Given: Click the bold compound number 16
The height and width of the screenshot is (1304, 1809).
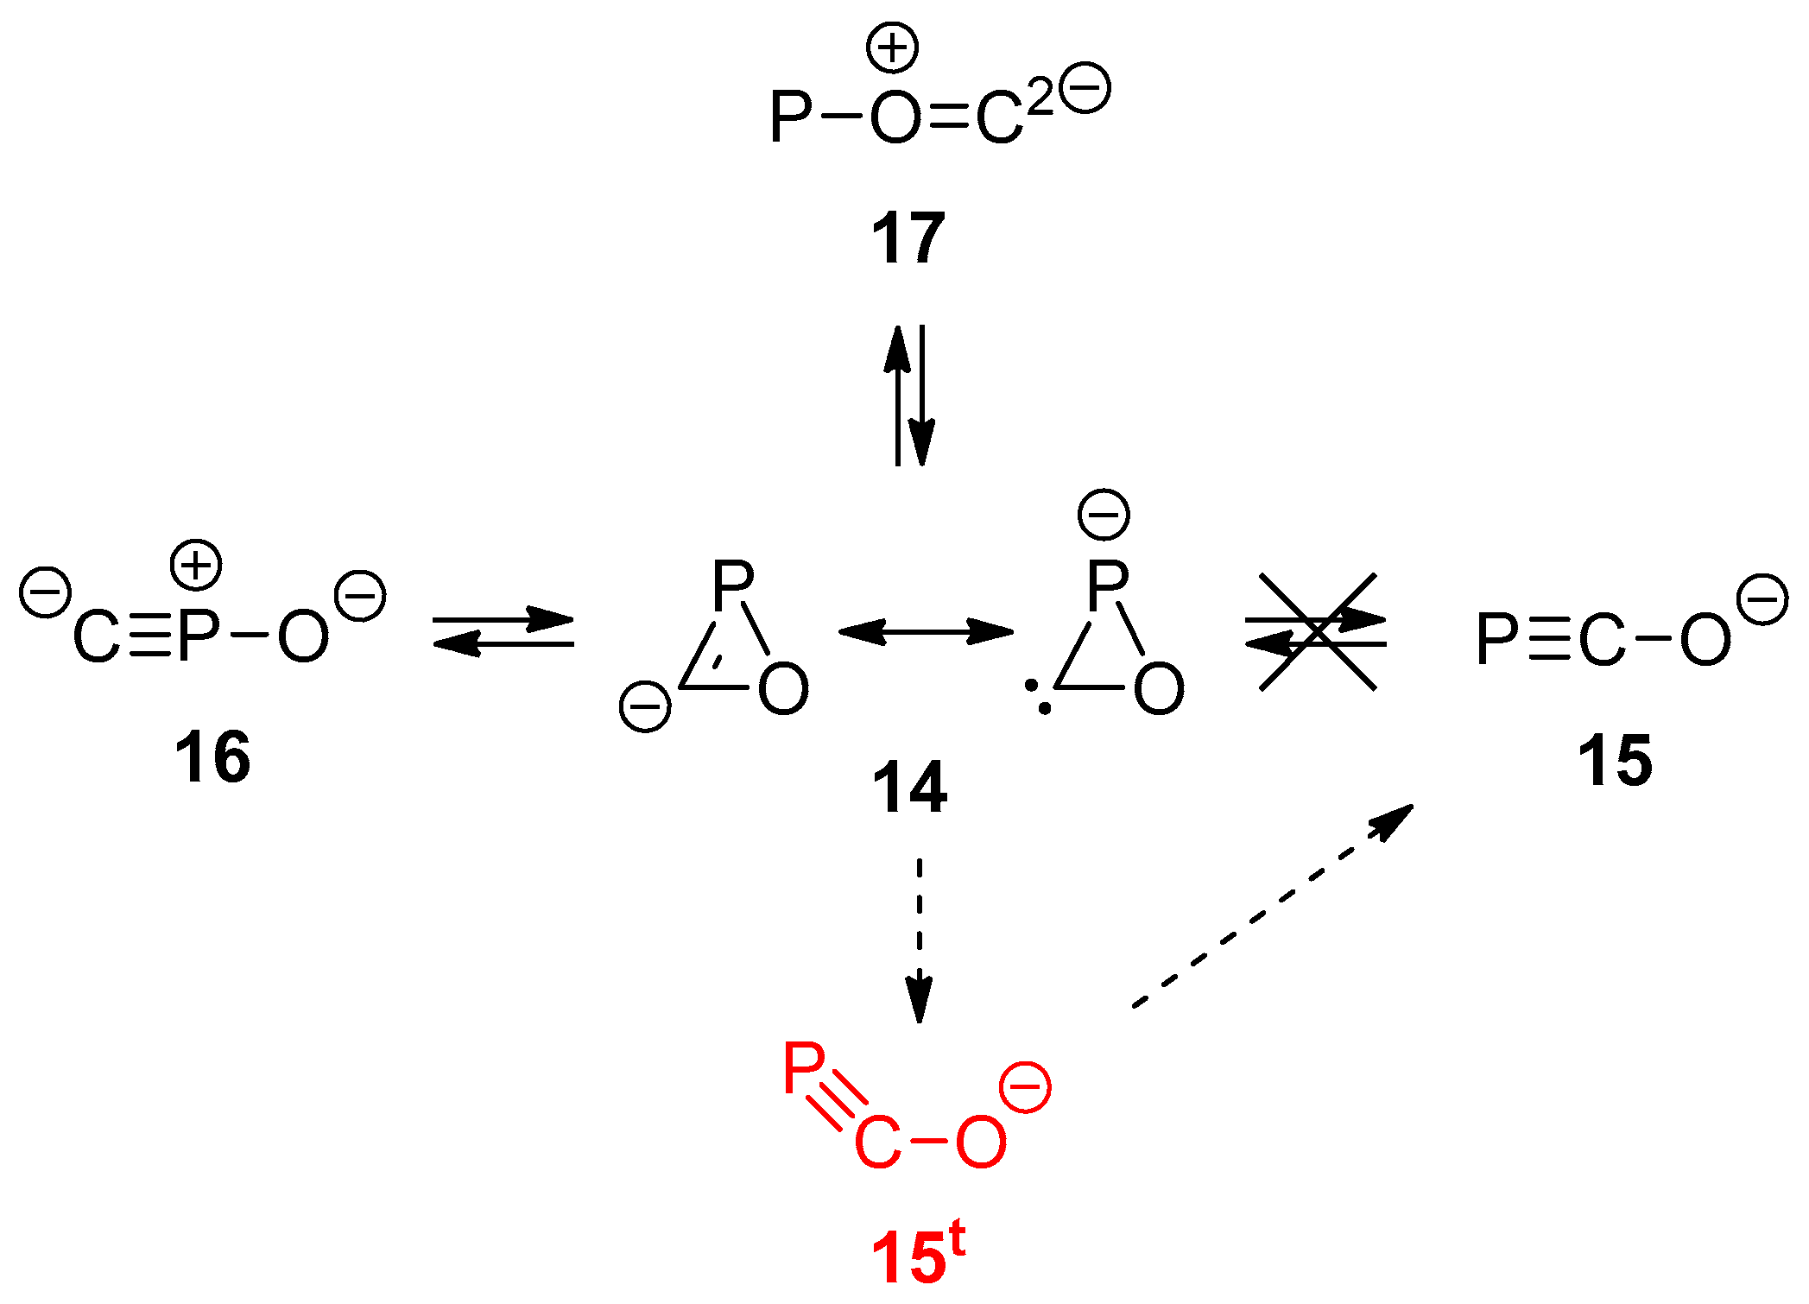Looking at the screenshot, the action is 212,756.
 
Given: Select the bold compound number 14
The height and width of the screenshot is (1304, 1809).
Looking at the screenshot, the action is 909,788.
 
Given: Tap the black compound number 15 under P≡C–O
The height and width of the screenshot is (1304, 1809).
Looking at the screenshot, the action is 1615,760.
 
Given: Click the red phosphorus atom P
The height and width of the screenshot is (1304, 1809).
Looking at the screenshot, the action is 804,1069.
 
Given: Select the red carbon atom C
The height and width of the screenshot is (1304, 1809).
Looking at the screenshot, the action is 877,1143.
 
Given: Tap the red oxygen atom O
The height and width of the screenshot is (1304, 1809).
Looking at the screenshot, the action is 981,1142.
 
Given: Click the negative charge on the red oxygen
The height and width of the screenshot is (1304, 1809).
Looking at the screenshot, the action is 1025,1088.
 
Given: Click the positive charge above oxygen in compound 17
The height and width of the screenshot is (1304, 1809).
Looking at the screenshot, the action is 892,47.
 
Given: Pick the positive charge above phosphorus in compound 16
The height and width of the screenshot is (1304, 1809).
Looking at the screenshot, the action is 196,566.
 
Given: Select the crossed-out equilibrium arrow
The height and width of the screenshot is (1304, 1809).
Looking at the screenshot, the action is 1317,632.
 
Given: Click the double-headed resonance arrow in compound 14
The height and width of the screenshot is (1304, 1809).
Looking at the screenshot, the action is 926,631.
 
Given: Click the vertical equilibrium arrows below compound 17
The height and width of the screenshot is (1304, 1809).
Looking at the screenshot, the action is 909,396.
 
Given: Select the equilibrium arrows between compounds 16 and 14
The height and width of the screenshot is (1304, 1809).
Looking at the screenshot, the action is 503,631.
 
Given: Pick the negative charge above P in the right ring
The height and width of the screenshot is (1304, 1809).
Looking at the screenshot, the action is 1104,515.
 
